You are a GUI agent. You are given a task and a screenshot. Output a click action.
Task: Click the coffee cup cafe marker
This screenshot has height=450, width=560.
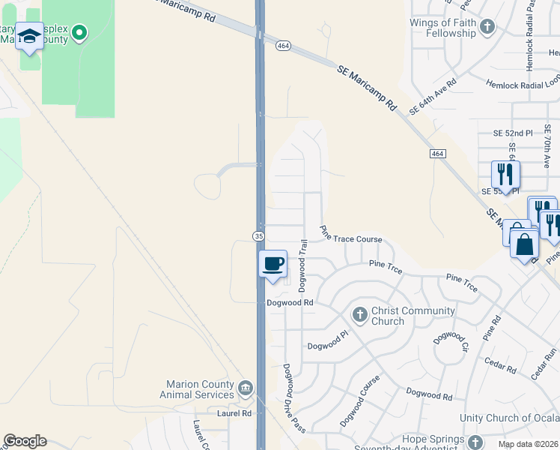[x=273, y=264]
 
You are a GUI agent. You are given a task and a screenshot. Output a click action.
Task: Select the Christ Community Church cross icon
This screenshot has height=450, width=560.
[x=359, y=315]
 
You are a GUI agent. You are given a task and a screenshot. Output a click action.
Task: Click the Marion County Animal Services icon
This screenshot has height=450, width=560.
[x=246, y=388]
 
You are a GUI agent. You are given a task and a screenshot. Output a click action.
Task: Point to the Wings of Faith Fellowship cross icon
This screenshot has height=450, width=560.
[x=487, y=28]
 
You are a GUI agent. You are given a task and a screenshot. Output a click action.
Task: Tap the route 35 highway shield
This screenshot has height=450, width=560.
[x=258, y=235]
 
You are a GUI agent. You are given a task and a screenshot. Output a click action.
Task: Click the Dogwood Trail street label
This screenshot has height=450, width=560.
[x=303, y=265]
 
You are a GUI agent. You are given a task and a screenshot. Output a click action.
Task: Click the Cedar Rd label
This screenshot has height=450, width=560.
[x=501, y=370]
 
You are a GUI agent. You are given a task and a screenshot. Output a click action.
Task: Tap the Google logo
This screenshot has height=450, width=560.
[x=25, y=441]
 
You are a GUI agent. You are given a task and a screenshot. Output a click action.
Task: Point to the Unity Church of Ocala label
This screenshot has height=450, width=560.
[x=508, y=418]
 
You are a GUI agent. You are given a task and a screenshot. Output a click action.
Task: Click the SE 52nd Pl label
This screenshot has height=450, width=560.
[x=513, y=133]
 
